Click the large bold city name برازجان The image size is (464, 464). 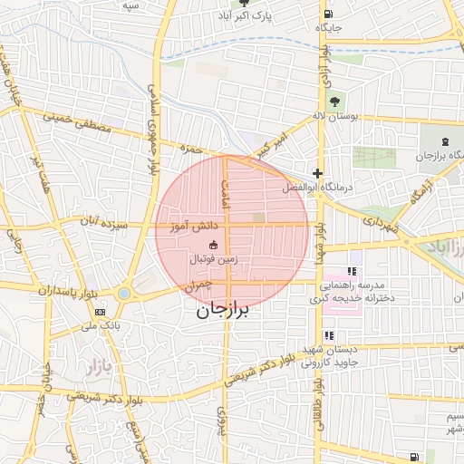[x=222, y=311]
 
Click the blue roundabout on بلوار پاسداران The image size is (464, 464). [x=124, y=292]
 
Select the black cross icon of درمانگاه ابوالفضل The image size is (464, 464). [x=317, y=172]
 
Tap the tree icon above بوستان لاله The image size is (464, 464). [x=336, y=101]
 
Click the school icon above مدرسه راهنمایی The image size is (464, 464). [x=353, y=270]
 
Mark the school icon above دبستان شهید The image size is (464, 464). [x=328, y=335]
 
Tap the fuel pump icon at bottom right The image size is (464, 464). [x=414, y=456]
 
